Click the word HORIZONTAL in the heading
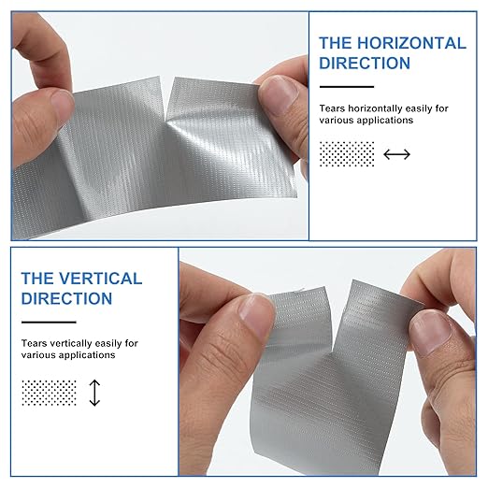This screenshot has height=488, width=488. pos(411,43)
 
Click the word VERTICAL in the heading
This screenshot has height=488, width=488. pos(100,279)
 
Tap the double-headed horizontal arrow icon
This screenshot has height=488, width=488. pos(396,154)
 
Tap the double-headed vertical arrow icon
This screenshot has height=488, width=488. pos(94,393)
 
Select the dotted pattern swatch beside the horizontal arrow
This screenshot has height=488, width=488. pos(347,154)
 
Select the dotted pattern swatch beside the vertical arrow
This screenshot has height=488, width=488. pos(49,393)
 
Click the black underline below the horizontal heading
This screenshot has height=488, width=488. pos(347,87)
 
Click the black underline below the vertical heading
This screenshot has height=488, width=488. pos(49,323)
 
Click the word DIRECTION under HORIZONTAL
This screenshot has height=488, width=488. pos(365,63)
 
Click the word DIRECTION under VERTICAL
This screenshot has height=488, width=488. pos(66,298)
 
